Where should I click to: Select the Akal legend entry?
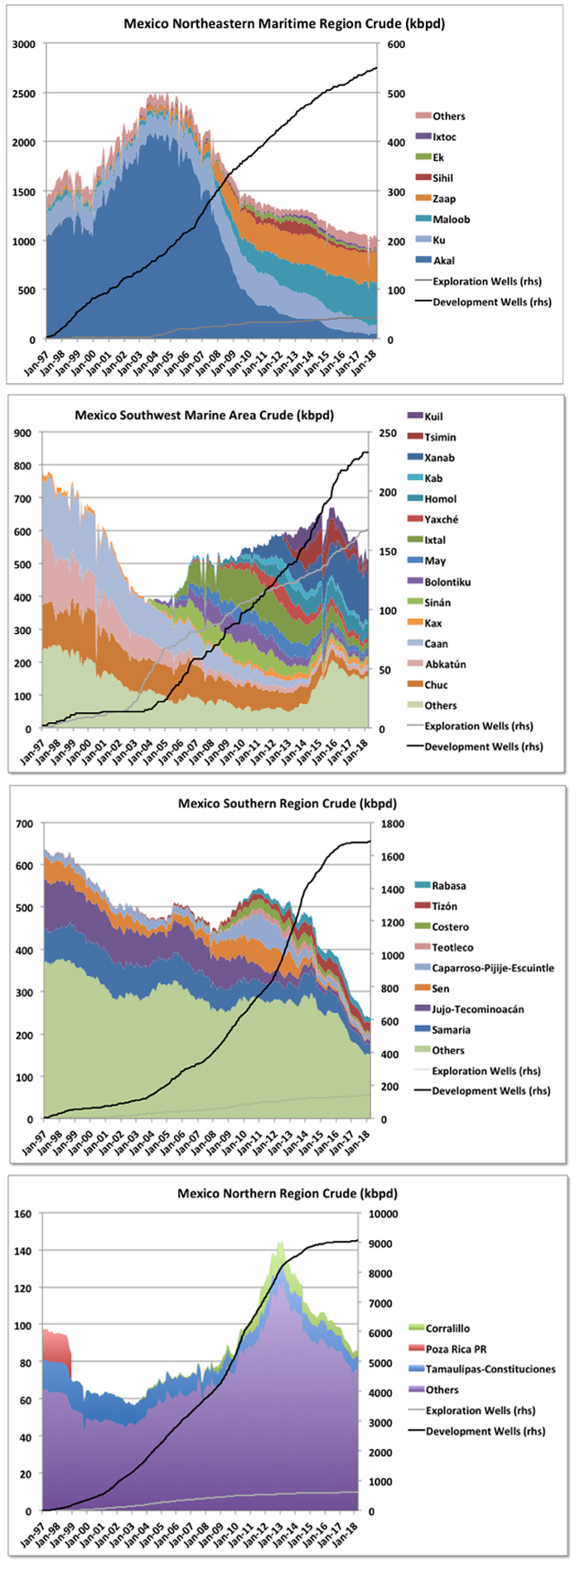click(443, 260)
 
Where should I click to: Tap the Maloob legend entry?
click(451, 219)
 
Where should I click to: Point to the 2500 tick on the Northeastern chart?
click(24, 93)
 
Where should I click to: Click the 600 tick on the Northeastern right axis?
click(396, 44)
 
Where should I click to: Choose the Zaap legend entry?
click(444, 199)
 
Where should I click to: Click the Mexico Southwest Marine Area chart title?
click(204, 414)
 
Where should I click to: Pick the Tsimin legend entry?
click(440, 437)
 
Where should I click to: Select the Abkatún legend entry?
click(445, 664)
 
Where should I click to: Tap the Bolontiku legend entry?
click(447, 582)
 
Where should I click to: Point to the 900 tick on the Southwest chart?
click(22, 433)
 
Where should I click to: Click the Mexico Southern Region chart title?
click(288, 803)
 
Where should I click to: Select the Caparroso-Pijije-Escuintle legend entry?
click(493, 967)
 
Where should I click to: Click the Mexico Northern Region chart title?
click(288, 1194)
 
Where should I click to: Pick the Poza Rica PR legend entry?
click(456, 1349)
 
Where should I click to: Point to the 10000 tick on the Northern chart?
click(383, 1213)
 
